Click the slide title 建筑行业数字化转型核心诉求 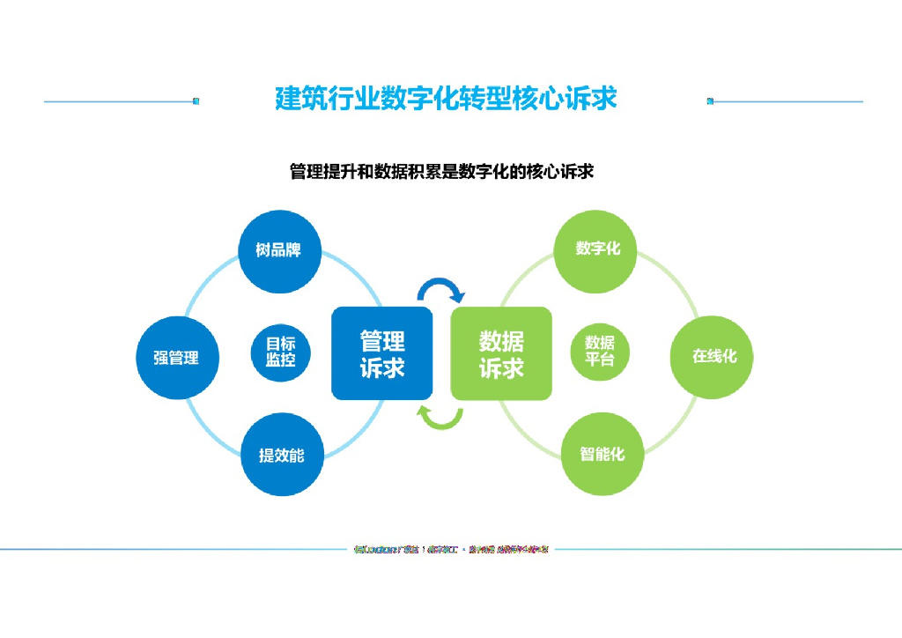[x=446, y=98]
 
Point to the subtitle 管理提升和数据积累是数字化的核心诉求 [x=441, y=171]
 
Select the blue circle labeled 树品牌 [x=278, y=250]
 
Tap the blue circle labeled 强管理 [x=176, y=357]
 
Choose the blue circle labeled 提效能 [x=281, y=455]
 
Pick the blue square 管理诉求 [x=381, y=352]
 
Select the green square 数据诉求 [x=501, y=352]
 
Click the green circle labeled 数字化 [x=598, y=249]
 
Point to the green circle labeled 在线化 [x=714, y=356]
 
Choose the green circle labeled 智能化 [x=603, y=454]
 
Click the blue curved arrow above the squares [x=440, y=290]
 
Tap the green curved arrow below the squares [x=440, y=418]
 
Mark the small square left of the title [x=196, y=101]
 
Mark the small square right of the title [x=710, y=101]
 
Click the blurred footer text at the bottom [x=451, y=550]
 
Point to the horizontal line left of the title [x=118, y=101]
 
